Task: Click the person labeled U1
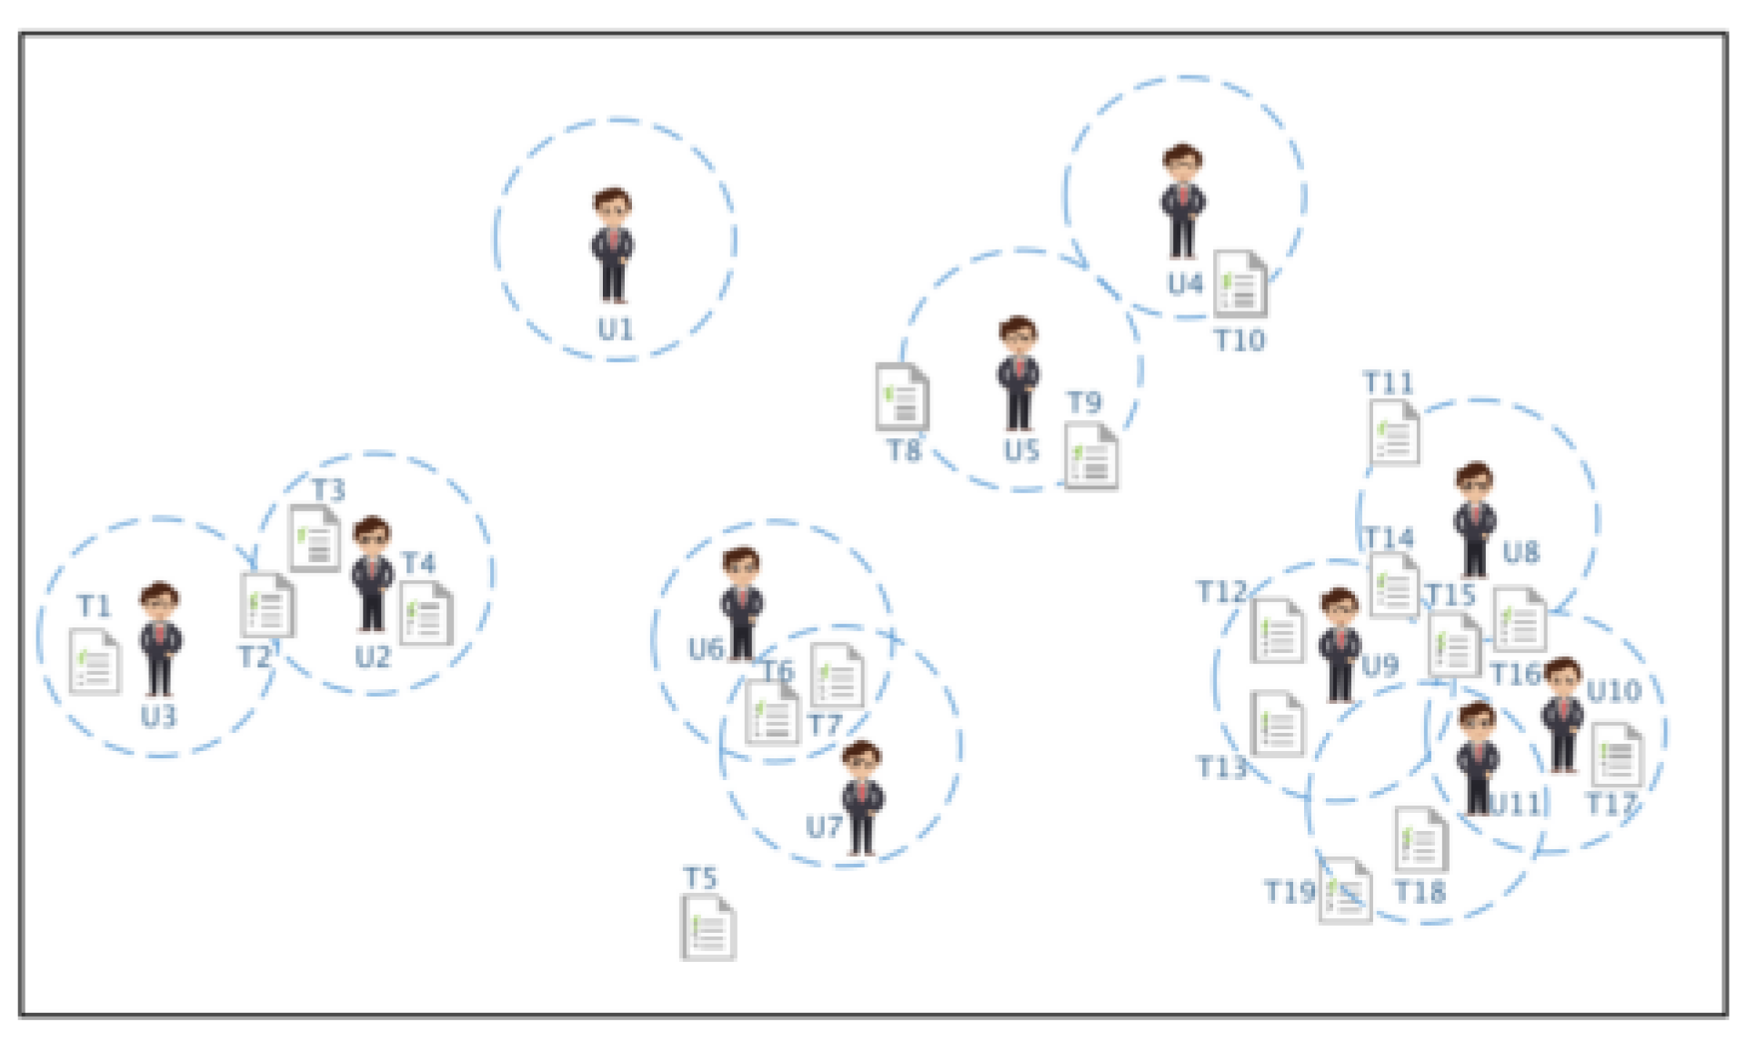pos(613,245)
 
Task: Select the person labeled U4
pos(1182,201)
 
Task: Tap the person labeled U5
pos(1018,373)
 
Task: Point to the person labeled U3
pos(160,638)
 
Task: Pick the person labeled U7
pos(861,797)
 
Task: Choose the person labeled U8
pos(1474,519)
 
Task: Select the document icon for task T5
pos(707,927)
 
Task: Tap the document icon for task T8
pos(901,396)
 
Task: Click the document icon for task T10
pos(1240,283)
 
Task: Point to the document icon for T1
pos(95,662)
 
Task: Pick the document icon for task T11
pos(1394,433)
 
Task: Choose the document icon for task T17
pos(1616,755)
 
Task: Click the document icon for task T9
pos(1091,456)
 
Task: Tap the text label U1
pos(616,329)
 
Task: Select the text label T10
pos(1239,341)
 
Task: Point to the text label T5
pos(700,878)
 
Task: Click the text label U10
pos(1614,692)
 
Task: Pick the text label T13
pos(1220,768)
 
